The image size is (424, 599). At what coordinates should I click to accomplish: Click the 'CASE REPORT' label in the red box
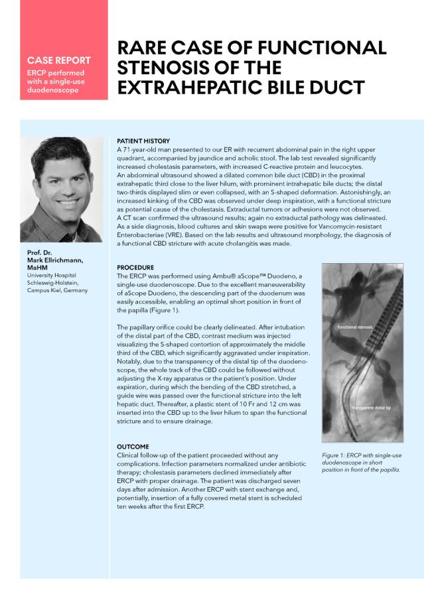[x=59, y=60]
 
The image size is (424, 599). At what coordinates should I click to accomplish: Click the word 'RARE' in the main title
[x=143, y=48]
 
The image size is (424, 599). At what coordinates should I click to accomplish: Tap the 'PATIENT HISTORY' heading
[x=143, y=141]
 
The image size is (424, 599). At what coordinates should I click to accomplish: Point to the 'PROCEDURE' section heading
[x=136, y=266]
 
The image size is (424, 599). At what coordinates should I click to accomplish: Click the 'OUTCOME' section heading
[x=133, y=447]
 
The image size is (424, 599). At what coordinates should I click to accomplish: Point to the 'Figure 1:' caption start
[x=335, y=455]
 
